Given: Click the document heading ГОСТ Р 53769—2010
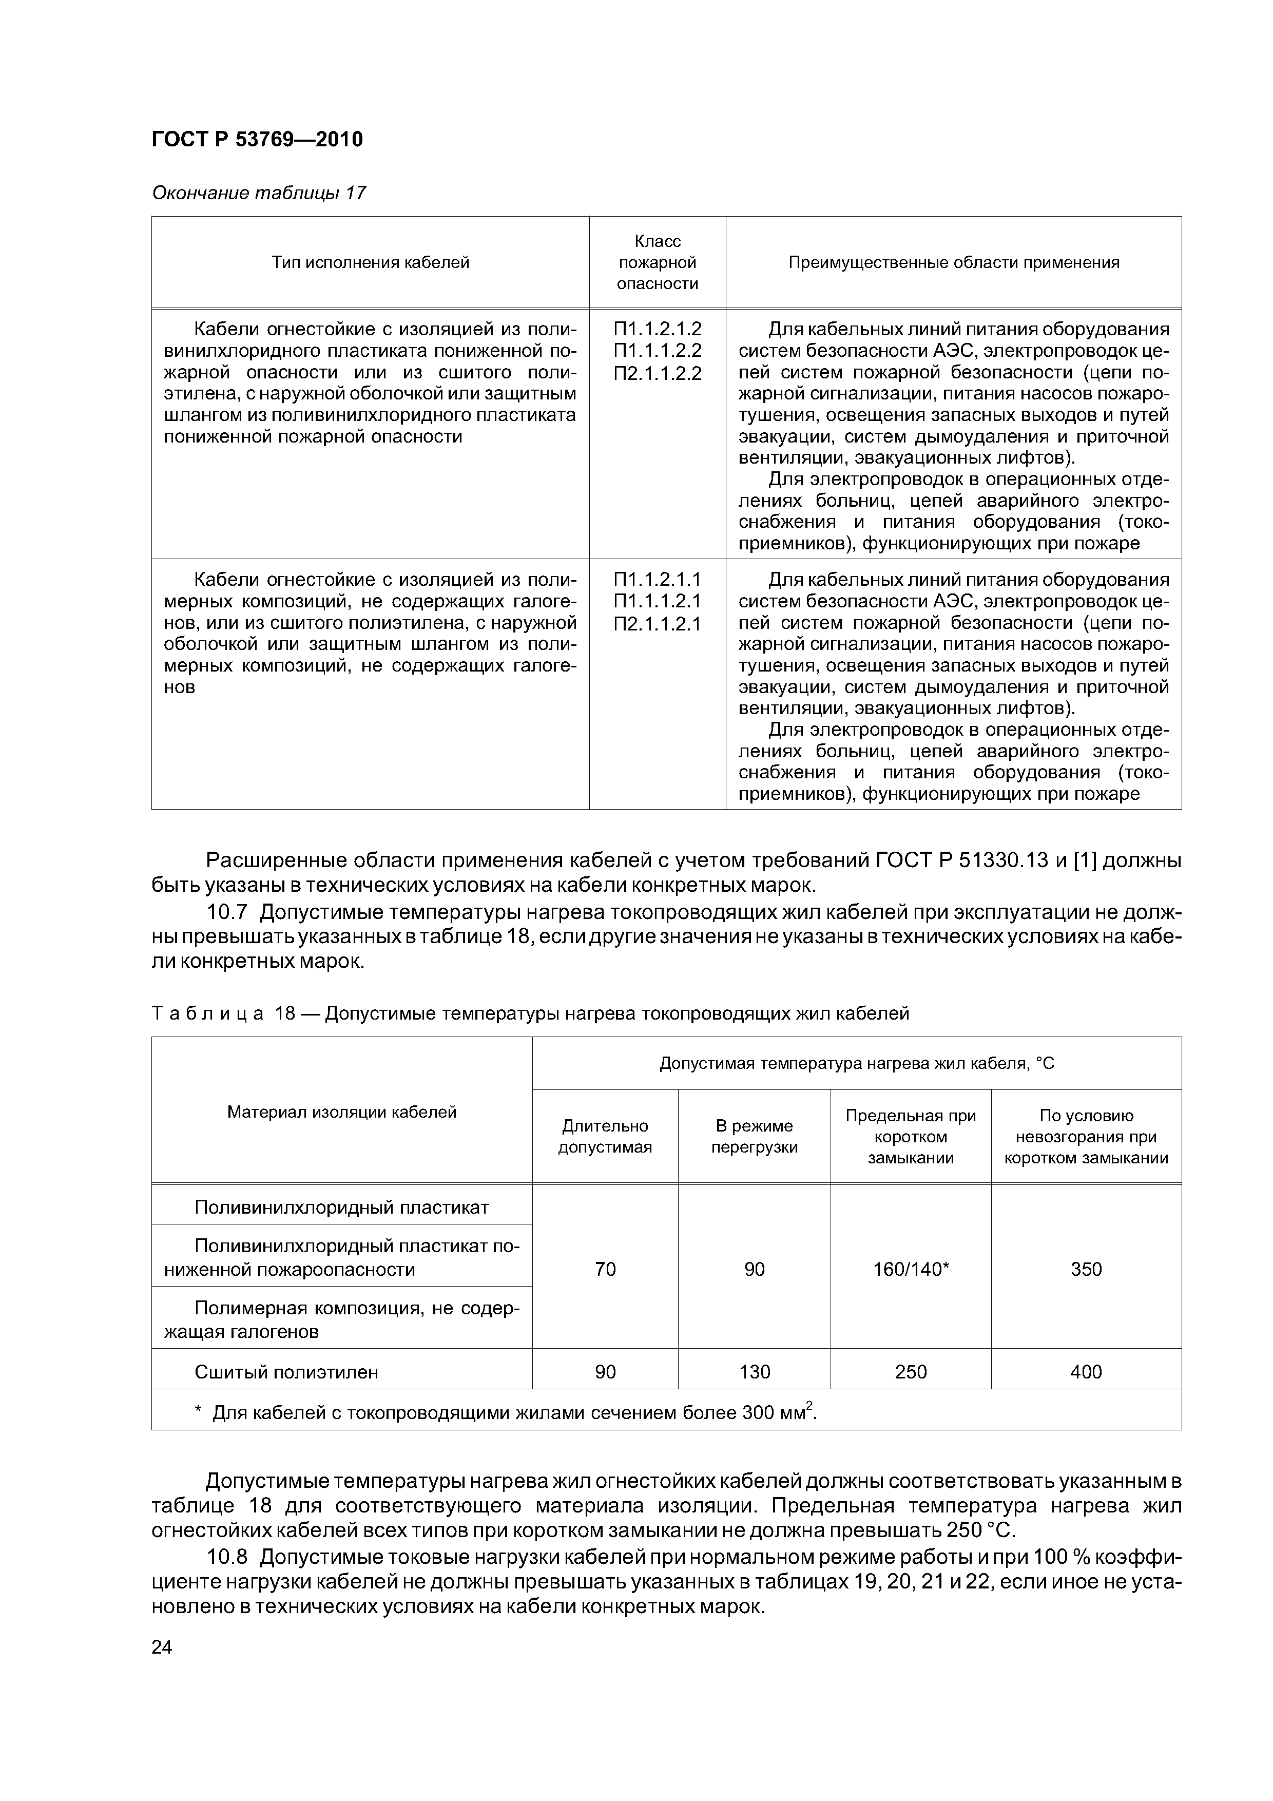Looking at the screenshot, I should (x=257, y=140).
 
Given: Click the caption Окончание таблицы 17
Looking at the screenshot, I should (x=258, y=193).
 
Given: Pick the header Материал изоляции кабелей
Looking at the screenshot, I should (x=341, y=1112).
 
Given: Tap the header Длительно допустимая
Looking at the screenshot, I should (x=605, y=1137).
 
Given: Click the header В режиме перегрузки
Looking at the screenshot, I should (x=754, y=1137).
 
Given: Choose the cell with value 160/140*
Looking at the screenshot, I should (x=911, y=1269).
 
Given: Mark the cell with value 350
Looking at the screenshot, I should (x=1086, y=1269).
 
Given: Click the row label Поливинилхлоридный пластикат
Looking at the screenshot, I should (x=341, y=1207).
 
